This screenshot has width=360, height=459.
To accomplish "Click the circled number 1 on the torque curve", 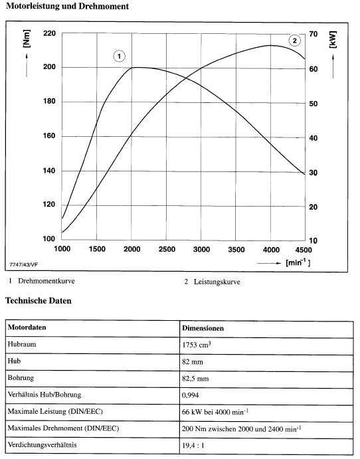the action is coord(119,56).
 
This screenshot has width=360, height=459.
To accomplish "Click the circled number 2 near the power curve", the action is coord(294,41).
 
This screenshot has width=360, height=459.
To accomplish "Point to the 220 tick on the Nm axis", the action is coord(49,33).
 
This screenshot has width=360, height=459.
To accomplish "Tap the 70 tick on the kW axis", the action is coord(313,35).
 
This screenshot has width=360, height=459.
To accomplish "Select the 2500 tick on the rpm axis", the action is coord(167,249).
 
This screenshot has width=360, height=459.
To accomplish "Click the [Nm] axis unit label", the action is coord(27,39).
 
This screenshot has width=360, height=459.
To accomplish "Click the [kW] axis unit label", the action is coord(333,39).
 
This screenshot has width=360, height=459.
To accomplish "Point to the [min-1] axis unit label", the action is coord(298,262).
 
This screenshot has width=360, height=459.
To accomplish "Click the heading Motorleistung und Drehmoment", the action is coord(67,6).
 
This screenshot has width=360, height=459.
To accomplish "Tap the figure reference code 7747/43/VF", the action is coord(24,264).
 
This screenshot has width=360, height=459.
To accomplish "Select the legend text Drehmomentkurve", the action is coord(46,281).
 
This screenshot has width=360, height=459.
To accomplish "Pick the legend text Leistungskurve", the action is coord(217,282).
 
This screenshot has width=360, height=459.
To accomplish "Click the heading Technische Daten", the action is coord(39,301).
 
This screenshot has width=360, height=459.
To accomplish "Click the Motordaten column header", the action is coord(27,327).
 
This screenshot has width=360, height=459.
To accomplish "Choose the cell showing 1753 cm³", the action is coord(197,345).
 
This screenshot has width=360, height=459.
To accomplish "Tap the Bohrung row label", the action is coord(21,378).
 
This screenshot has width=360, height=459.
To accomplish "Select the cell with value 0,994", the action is coord(190,395).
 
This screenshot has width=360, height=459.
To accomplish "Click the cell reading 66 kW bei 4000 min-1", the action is coord(215,412).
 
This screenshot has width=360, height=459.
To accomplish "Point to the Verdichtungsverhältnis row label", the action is coord(42,445).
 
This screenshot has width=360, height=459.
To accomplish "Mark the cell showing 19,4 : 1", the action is coord(193,446).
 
